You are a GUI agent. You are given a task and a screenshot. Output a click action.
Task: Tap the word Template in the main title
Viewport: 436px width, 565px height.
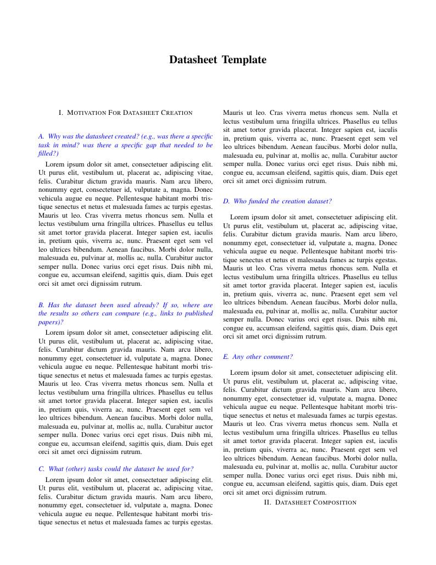point(244,60)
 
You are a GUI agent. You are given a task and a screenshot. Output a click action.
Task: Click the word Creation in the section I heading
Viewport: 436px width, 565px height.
point(176,113)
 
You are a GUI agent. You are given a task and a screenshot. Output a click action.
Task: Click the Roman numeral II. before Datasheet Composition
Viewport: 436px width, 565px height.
point(267,502)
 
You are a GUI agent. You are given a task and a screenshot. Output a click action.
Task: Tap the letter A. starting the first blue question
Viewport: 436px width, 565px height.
point(41,136)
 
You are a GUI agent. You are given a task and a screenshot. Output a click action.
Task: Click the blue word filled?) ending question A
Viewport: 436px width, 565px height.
point(48,153)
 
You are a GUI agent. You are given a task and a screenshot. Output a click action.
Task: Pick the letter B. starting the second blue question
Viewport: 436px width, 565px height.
point(41,305)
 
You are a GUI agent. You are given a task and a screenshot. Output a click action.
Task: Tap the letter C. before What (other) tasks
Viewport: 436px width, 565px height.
point(41,469)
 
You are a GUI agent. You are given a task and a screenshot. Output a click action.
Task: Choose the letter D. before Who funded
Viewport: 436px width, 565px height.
point(226,201)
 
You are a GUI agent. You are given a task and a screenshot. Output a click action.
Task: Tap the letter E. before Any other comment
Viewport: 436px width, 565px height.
point(226,357)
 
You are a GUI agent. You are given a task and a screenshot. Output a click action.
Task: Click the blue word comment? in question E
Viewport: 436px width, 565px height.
point(278,357)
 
